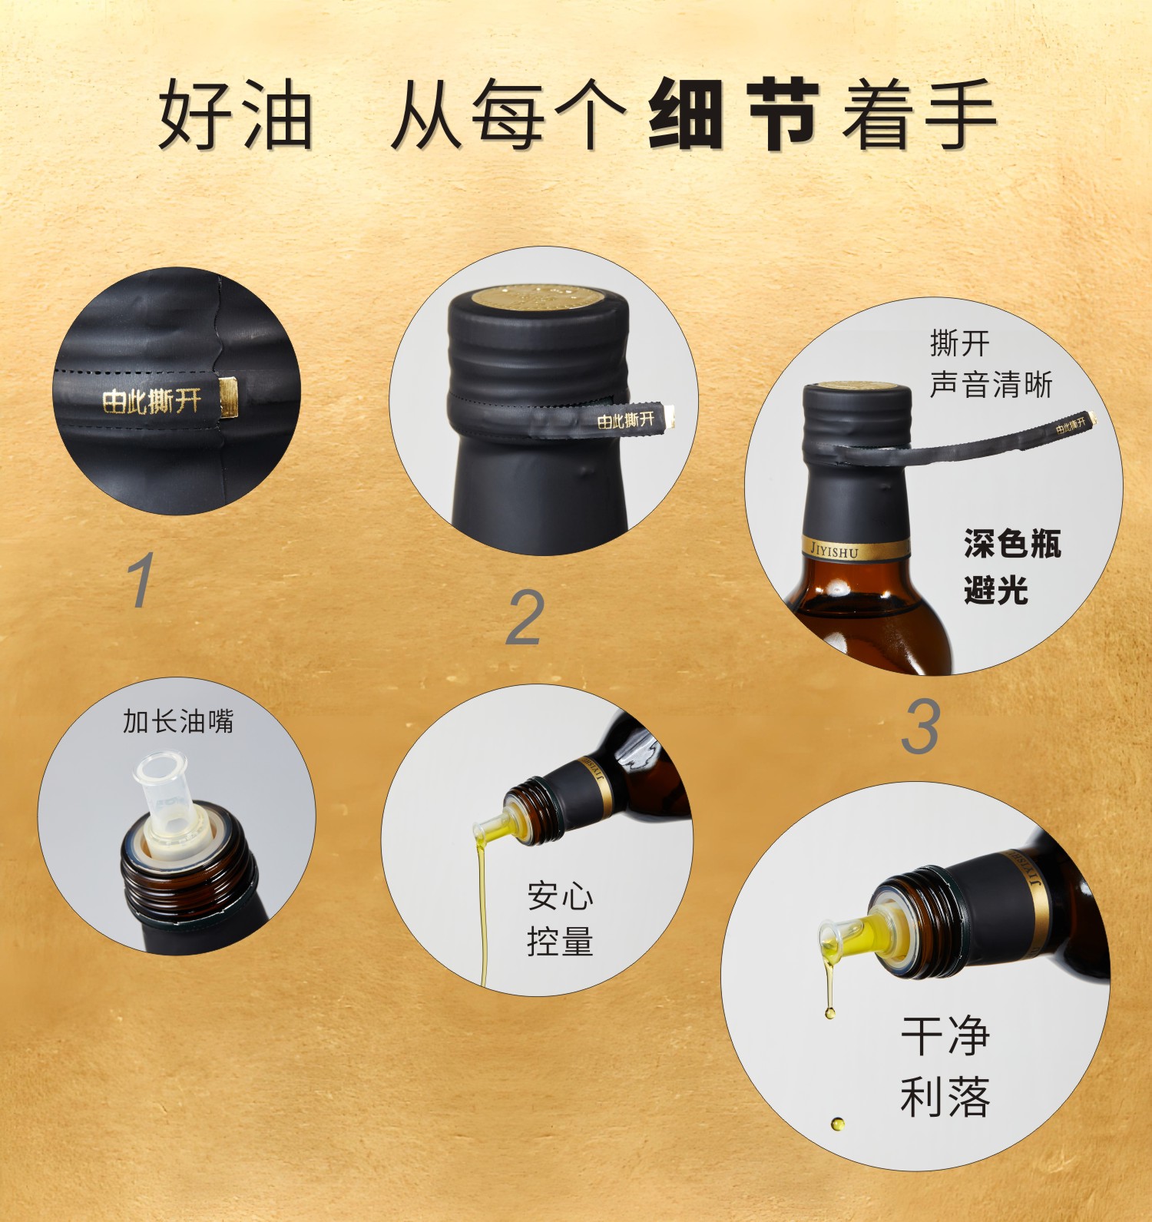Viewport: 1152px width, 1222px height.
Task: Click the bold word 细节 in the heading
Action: pos(733,114)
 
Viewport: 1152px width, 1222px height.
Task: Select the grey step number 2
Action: pos(526,617)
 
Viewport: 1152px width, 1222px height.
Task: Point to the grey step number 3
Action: pos(920,727)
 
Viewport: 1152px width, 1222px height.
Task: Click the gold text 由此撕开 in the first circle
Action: pos(152,400)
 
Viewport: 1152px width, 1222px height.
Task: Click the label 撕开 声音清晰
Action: pos(990,364)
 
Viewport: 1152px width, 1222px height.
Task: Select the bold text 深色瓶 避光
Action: pos(1011,567)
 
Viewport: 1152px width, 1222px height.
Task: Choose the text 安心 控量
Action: pos(560,919)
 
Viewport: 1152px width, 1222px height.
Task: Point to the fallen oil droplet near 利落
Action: pos(837,1124)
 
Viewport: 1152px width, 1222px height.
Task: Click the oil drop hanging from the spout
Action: pos(829,1012)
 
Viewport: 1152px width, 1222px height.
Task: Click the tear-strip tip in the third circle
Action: pos(1089,419)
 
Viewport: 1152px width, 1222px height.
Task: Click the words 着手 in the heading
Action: pos(919,114)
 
